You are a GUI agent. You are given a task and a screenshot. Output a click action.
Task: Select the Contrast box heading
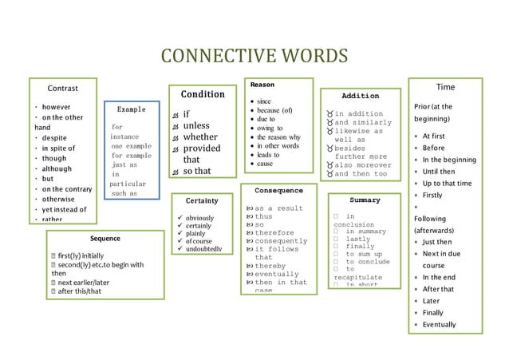coord(62,87)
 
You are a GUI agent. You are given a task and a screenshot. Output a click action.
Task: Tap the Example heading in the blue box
coord(131,109)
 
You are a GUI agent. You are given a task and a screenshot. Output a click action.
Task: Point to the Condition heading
coord(196,94)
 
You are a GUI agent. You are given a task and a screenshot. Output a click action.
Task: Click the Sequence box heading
coord(105,238)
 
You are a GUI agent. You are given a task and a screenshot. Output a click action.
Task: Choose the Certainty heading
coord(202,200)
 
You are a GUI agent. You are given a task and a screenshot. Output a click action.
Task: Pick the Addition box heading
coord(360,96)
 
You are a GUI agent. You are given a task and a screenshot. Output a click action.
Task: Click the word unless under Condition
coord(196,125)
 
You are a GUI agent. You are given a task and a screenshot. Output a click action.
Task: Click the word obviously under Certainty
coord(207,218)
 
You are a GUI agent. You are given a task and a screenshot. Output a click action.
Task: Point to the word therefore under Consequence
coord(274,233)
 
